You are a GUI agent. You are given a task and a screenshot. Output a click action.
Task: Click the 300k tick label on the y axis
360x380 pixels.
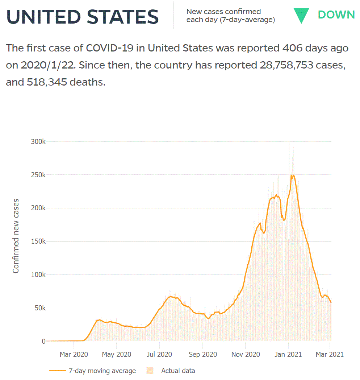pyautogui.click(x=38, y=141)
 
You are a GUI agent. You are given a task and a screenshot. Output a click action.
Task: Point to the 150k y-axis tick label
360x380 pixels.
pyautogui.click(x=38, y=241)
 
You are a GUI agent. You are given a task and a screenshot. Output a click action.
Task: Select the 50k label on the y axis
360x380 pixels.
pyautogui.click(x=40, y=308)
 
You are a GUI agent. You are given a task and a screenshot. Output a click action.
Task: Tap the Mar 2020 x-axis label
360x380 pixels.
pyautogui.click(x=74, y=354)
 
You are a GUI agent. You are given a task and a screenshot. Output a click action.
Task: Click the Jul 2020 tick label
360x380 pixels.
pyautogui.click(x=159, y=354)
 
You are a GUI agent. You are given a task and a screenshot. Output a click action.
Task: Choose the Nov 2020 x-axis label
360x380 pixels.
pyautogui.click(x=246, y=354)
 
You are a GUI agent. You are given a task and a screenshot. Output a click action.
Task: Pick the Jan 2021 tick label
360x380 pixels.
pyautogui.click(x=288, y=354)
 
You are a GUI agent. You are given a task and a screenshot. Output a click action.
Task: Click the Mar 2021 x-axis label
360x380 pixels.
pyautogui.click(x=330, y=354)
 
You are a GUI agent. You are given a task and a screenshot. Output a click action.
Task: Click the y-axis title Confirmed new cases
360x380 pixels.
pyautogui.click(x=16, y=236)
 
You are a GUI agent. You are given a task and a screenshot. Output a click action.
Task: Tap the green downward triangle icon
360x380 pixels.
pyautogui.click(x=301, y=15)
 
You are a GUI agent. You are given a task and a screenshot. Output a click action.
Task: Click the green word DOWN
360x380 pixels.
pyautogui.click(x=336, y=15)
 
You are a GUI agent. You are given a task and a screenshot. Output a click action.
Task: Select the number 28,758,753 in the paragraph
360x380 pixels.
pyautogui.click(x=286, y=65)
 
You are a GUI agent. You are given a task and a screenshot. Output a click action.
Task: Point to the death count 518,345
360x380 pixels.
pyautogui.click(x=47, y=82)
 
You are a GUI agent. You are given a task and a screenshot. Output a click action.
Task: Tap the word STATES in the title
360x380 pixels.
pyautogui.click(x=122, y=17)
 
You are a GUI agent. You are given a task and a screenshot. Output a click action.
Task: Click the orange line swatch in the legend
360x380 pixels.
pyautogui.click(x=57, y=371)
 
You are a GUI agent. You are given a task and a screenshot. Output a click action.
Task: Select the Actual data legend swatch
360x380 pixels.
pyautogui.click(x=150, y=371)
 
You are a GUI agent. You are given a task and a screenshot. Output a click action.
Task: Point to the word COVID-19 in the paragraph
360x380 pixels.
pyautogui.click(x=110, y=48)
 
